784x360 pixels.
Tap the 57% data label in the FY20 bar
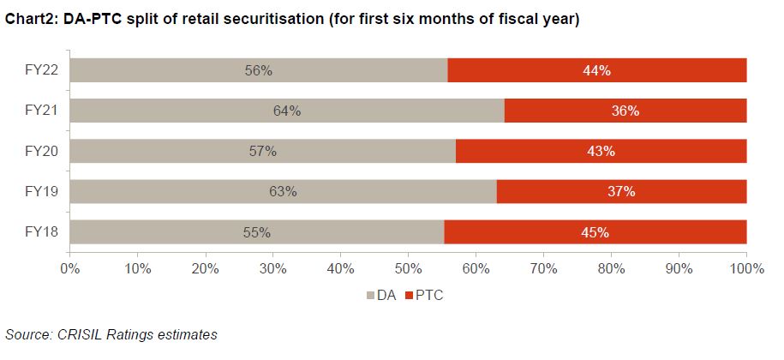(x=262, y=151)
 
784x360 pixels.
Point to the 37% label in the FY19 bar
(x=621, y=191)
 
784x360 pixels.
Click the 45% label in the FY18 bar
(x=595, y=232)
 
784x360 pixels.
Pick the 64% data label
(x=287, y=111)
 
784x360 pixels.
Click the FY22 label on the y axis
(x=40, y=70)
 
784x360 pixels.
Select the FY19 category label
(x=40, y=191)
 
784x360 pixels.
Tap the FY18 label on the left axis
(x=40, y=232)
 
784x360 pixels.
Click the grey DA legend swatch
(x=371, y=295)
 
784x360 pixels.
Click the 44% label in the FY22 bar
(x=596, y=70)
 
